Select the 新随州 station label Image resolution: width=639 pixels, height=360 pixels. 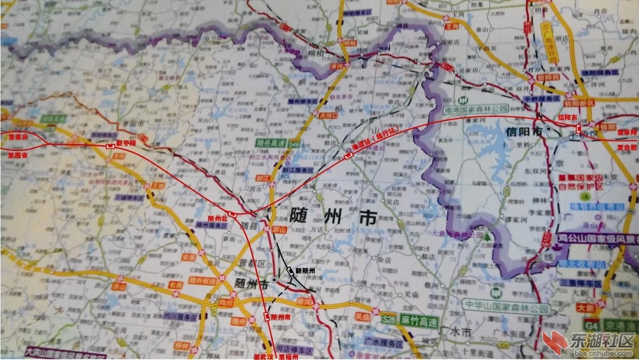point(305,270)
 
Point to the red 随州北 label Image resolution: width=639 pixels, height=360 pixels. point(218,219)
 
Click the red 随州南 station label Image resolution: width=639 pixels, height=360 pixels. point(281,316)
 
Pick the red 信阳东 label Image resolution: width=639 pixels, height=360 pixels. point(568,117)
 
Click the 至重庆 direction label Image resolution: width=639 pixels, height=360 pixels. point(18,137)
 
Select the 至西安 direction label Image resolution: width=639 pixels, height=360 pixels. point(18,155)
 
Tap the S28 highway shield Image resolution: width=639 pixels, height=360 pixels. point(390,319)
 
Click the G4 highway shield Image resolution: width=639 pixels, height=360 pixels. point(591,324)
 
